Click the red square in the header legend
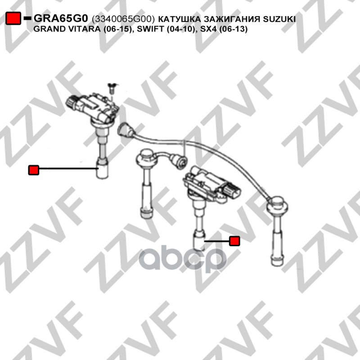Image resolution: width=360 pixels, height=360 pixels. point(13,18)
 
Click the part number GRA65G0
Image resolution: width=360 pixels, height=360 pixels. point(61,18)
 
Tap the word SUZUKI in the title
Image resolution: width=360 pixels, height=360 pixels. point(279,19)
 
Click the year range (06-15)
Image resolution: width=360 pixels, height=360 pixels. point(118,29)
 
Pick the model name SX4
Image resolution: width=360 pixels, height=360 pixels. point(208,29)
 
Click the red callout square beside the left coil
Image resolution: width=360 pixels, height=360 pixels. point(33,170)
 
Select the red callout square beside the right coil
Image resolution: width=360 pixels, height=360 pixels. point(234,241)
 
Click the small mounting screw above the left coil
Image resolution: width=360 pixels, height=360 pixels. point(112,88)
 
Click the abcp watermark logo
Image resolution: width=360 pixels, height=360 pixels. point(183,258)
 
